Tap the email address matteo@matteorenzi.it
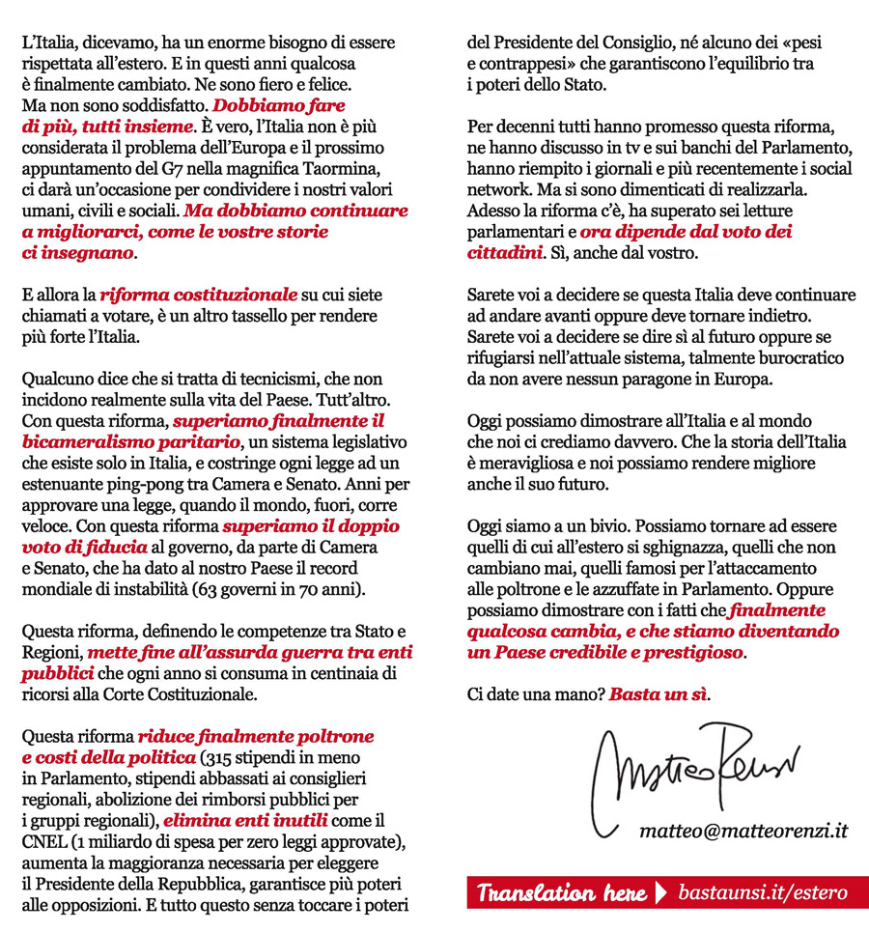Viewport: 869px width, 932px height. [x=743, y=831]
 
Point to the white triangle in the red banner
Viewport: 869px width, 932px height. [x=660, y=892]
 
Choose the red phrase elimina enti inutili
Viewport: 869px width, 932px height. [x=246, y=820]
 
